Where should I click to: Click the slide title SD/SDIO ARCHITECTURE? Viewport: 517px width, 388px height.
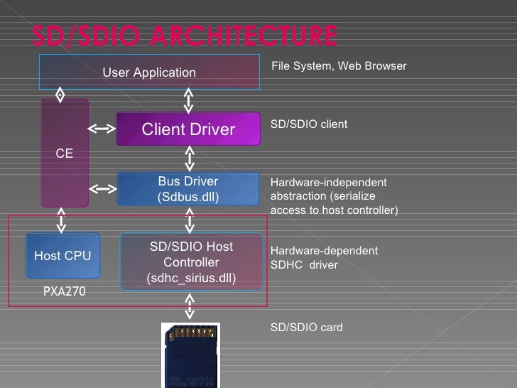[x=185, y=35]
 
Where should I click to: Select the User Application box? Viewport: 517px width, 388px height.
[x=149, y=72]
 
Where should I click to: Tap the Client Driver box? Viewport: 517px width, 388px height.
[x=188, y=129]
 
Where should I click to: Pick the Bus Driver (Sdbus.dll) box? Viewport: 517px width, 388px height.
[x=188, y=189]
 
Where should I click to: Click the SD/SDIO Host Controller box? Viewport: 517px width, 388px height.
[x=191, y=262]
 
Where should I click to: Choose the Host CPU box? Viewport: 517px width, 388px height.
[x=62, y=256]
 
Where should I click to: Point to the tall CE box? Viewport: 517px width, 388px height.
[x=65, y=153]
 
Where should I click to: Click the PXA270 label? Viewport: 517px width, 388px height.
[x=65, y=291]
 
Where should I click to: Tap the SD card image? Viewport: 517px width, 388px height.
[x=190, y=355]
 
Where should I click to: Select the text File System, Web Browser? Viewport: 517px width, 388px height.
[x=339, y=66]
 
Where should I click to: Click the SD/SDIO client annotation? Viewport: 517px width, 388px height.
[x=309, y=124]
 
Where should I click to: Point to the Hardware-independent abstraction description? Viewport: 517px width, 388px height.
[x=334, y=196]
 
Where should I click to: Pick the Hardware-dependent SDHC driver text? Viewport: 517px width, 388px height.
[x=324, y=258]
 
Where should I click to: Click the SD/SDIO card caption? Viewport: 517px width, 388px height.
[x=306, y=328]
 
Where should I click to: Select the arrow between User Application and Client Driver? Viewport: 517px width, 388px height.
[x=189, y=100]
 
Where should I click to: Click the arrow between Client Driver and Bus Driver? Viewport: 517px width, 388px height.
[x=189, y=158]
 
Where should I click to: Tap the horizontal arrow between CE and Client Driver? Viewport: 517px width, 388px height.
[x=102, y=129]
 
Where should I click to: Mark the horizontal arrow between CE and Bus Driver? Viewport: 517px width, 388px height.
[x=102, y=189]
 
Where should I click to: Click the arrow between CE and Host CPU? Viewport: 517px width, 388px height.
[x=62, y=220]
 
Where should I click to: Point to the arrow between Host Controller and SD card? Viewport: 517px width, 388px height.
[x=189, y=307]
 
